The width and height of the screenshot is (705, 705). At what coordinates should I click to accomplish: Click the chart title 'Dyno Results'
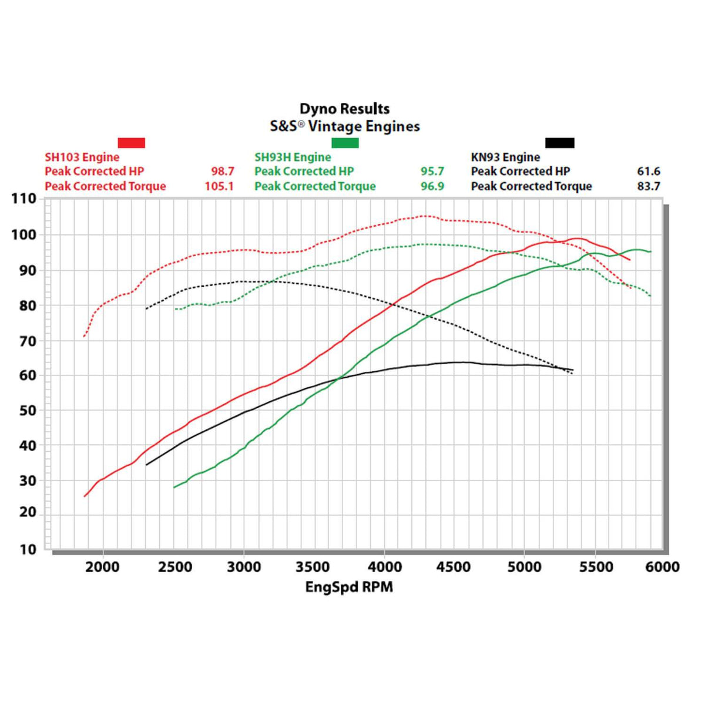click(x=344, y=109)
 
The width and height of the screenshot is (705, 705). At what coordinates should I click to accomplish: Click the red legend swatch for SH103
click(x=131, y=143)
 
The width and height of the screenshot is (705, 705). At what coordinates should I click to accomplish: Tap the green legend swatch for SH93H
click(x=345, y=143)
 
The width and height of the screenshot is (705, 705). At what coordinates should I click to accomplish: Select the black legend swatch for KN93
click(x=559, y=143)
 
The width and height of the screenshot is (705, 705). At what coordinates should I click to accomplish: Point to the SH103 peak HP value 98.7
click(x=223, y=172)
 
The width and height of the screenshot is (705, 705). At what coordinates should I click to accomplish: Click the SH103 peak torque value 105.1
click(x=219, y=186)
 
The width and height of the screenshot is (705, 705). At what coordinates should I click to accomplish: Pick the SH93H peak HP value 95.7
click(x=432, y=172)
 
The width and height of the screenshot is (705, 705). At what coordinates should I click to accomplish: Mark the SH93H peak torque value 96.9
click(x=432, y=186)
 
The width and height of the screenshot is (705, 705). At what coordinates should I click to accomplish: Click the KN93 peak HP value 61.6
click(x=649, y=172)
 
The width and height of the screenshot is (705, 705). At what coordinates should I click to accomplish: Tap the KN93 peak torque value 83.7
click(x=649, y=186)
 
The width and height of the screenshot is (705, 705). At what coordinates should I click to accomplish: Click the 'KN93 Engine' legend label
click(x=505, y=157)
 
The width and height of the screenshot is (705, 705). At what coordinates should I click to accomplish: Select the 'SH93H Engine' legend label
click(x=293, y=157)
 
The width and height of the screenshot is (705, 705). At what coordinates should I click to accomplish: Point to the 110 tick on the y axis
click(x=24, y=199)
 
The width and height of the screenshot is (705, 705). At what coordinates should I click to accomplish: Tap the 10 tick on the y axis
click(x=28, y=550)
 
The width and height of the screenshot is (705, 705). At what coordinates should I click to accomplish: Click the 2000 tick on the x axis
click(x=102, y=568)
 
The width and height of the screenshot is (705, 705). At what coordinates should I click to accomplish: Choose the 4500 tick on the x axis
click(x=454, y=568)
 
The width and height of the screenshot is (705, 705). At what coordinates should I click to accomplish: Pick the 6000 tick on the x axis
click(x=662, y=568)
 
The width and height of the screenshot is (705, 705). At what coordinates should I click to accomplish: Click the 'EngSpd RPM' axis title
click(x=349, y=587)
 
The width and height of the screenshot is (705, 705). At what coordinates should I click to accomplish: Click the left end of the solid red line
click(x=85, y=496)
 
